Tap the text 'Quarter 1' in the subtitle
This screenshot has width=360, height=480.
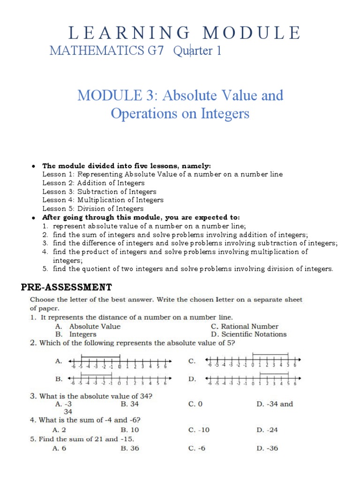click(x=197, y=51)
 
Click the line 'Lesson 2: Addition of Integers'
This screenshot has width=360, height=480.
click(x=93, y=183)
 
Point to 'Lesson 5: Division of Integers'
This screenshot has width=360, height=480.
click(x=93, y=209)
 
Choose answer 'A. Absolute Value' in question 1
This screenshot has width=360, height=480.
click(x=88, y=326)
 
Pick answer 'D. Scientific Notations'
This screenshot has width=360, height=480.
click(x=248, y=334)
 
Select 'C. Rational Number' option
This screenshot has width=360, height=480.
click(x=244, y=326)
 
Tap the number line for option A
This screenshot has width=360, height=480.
click(x=120, y=361)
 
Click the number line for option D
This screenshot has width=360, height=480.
click(x=253, y=379)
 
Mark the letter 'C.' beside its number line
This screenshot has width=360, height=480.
click(x=192, y=360)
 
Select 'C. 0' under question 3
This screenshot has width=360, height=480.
click(x=195, y=404)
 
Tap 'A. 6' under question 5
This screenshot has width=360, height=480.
click(x=61, y=448)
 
